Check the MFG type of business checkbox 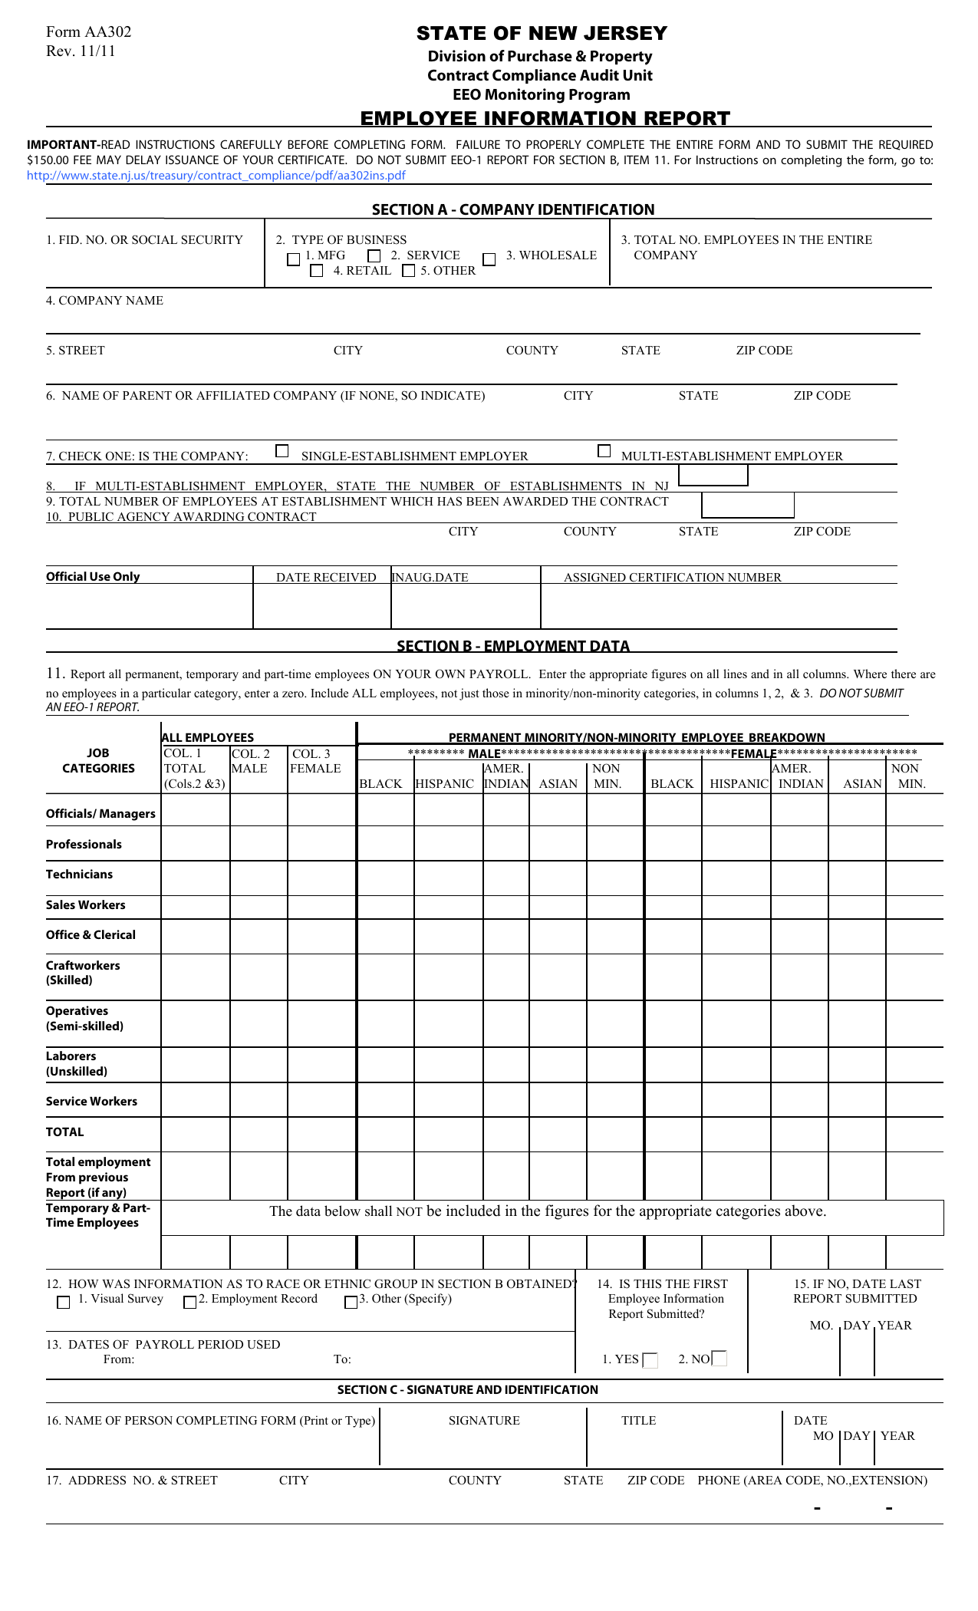[293, 259]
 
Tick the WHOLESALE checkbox [489, 259]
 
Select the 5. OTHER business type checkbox [409, 271]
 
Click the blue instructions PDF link [216, 175]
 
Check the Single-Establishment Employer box [282, 451]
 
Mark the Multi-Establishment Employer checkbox [604, 451]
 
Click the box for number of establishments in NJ [713, 476]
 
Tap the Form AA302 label [88, 31]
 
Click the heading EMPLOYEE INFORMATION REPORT [545, 118]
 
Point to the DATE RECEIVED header [326, 577]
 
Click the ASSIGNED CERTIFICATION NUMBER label [672, 577]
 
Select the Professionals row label [84, 844]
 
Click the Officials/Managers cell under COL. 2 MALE [258, 810]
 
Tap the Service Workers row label [91, 1101]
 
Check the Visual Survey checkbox [64, 1302]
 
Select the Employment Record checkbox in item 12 [189, 1302]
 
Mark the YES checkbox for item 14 [650, 1360]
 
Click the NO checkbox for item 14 [720, 1359]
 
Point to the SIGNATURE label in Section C [484, 1420]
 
